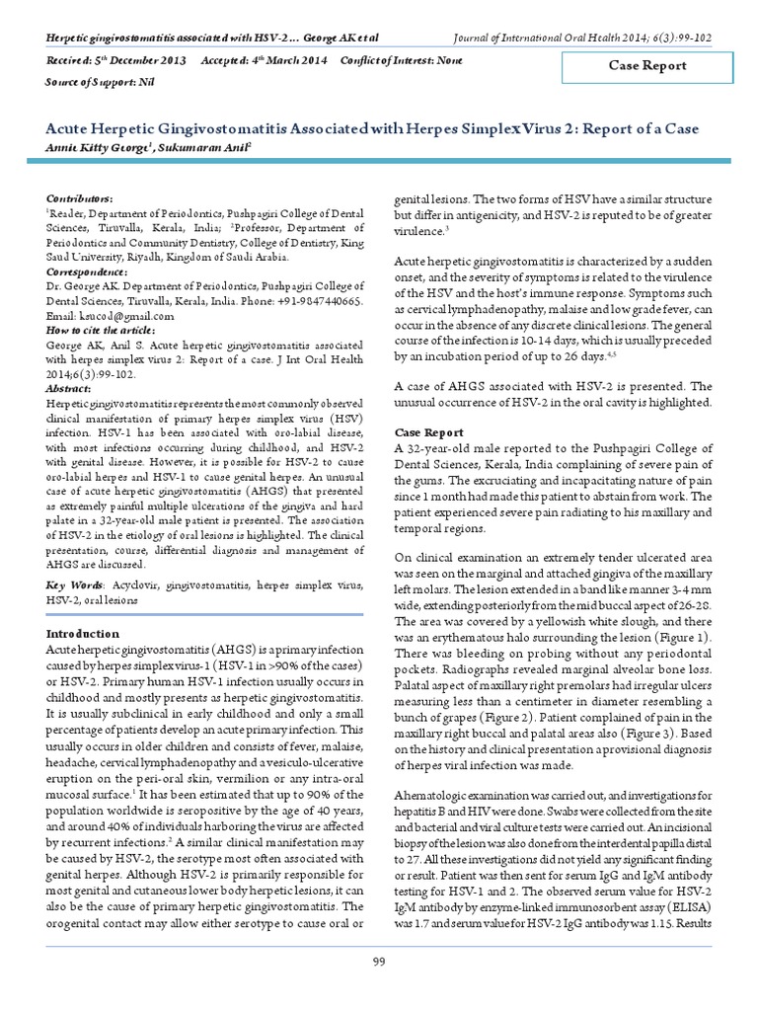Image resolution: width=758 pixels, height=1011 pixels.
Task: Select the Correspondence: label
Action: coord(88,271)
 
